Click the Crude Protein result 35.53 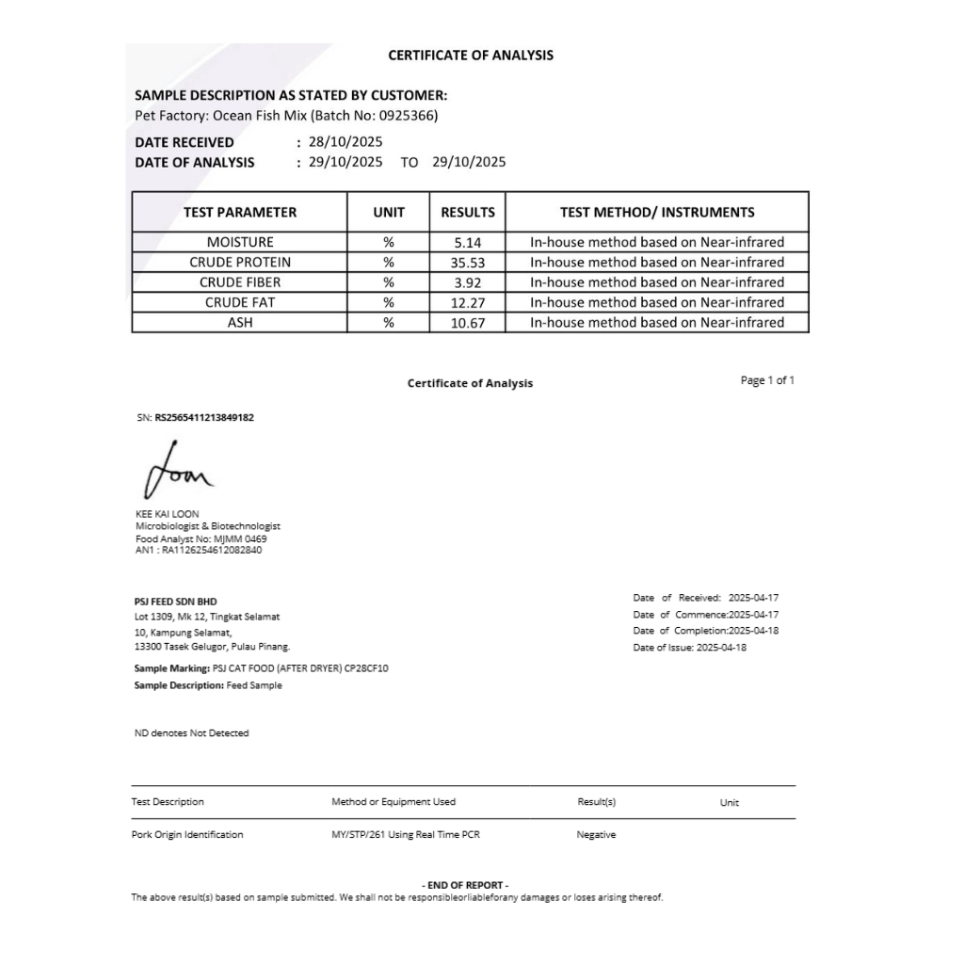coord(467,263)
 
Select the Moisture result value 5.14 coord(467,242)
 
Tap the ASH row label coord(240,322)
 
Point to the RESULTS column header coord(467,213)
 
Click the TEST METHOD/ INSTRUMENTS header coord(656,213)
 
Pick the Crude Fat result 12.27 coord(467,302)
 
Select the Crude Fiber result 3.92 coord(467,282)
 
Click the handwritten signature coord(178,471)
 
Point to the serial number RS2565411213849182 coord(204,417)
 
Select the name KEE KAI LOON coord(168,514)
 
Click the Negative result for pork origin coord(596,835)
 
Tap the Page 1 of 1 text coord(767,380)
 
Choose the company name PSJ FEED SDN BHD coord(176,601)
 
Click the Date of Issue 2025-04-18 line coord(690,648)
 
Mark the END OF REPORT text coord(467,885)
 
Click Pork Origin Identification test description coord(187,835)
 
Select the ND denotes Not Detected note coord(192,733)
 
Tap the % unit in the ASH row coord(388,322)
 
